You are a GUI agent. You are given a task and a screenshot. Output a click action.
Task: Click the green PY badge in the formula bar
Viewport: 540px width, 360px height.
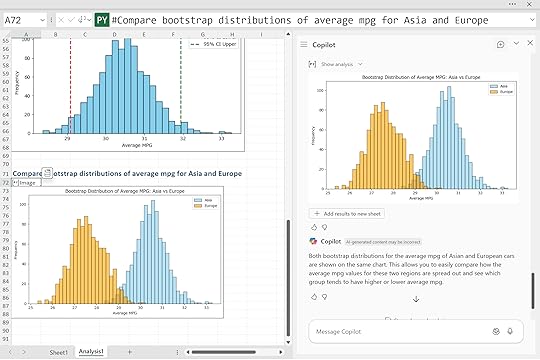pos(101,19)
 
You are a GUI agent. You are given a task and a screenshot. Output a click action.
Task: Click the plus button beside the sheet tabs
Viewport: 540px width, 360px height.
pos(149,352)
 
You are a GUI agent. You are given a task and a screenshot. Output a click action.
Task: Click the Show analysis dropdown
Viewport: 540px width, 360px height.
pos(336,64)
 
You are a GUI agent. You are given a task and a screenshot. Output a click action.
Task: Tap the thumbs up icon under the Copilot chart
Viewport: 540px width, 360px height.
pos(313,227)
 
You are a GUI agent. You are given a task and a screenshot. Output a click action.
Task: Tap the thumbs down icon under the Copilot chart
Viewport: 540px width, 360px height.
pos(324,227)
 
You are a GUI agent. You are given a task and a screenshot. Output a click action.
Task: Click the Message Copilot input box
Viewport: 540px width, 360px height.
pos(400,331)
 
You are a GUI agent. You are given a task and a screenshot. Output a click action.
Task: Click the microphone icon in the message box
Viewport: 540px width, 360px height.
pos(510,331)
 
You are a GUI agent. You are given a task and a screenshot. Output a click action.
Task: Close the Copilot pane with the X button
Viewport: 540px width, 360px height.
pos(530,44)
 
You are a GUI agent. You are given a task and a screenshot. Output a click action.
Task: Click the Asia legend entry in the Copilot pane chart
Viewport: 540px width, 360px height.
pos(495,87)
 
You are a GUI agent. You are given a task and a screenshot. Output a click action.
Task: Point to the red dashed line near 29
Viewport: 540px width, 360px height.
pos(70,100)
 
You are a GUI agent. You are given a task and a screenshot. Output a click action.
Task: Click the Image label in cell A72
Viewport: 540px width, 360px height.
pos(27,183)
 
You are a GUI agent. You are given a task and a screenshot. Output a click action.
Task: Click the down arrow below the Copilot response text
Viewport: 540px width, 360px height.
pos(415,298)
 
